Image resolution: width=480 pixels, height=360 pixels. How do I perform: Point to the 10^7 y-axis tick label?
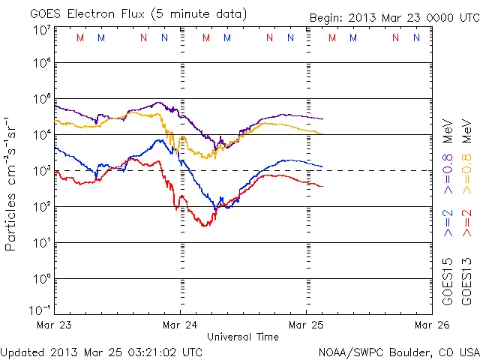(41, 30)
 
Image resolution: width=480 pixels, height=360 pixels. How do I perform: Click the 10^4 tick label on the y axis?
(41, 134)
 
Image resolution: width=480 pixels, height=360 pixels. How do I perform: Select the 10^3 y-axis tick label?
(41, 170)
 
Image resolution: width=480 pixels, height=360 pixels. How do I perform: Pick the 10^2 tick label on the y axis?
(41, 206)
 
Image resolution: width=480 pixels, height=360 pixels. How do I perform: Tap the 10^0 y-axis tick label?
(41, 278)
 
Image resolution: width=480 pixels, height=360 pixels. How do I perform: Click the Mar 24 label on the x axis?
(180, 325)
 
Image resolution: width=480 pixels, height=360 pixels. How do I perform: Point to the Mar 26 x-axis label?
(432, 325)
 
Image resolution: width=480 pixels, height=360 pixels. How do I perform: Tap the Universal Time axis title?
(243, 337)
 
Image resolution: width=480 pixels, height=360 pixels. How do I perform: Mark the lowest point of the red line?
(204, 226)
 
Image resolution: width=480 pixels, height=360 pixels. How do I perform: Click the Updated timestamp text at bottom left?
(101, 351)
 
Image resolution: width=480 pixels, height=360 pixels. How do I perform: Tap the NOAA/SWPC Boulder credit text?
(398, 351)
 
